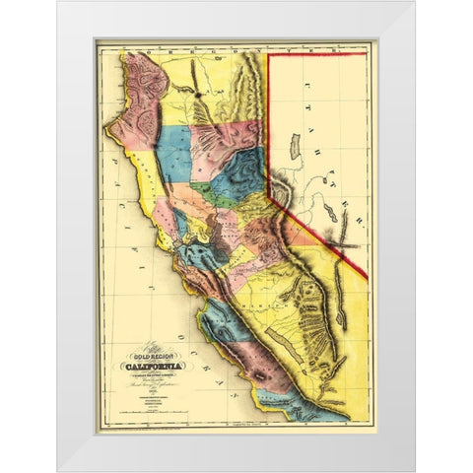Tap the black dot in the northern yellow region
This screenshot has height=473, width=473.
point(196,95)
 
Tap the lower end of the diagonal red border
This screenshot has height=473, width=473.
point(367,277)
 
